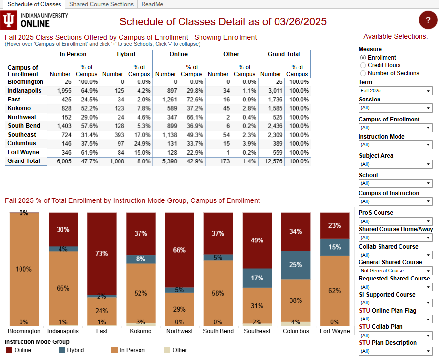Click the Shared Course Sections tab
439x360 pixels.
pyautogui.click(x=101, y=4)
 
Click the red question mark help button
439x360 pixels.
pyautogui.click(x=428, y=20)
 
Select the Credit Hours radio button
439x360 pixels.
pyautogui.click(x=363, y=65)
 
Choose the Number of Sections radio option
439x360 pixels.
pyautogui.click(x=363, y=73)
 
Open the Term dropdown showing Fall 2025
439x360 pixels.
pyautogui.click(x=395, y=91)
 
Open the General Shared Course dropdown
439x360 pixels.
pyautogui.click(x=395, y=270)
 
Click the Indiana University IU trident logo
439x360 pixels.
pyautogui.click(x=9, y=20)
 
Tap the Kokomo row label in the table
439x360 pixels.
pyautogui.click(x=19, y=108)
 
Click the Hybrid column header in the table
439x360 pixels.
pyautogui.click(x=126, y=54)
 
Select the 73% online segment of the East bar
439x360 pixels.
pyautogui.click(x=101, y=253)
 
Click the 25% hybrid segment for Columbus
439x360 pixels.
pyautogui.click(x=296, y=265)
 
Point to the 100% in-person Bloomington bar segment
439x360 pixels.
pyautogui.click(x=24, y=269)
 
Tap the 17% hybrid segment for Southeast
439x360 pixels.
pyautogui.click(x=257, y=278)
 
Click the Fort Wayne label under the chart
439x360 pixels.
pyautogui.click(x=335, y=331)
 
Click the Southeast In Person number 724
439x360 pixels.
pyautogui.click(x=64, y=135)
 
